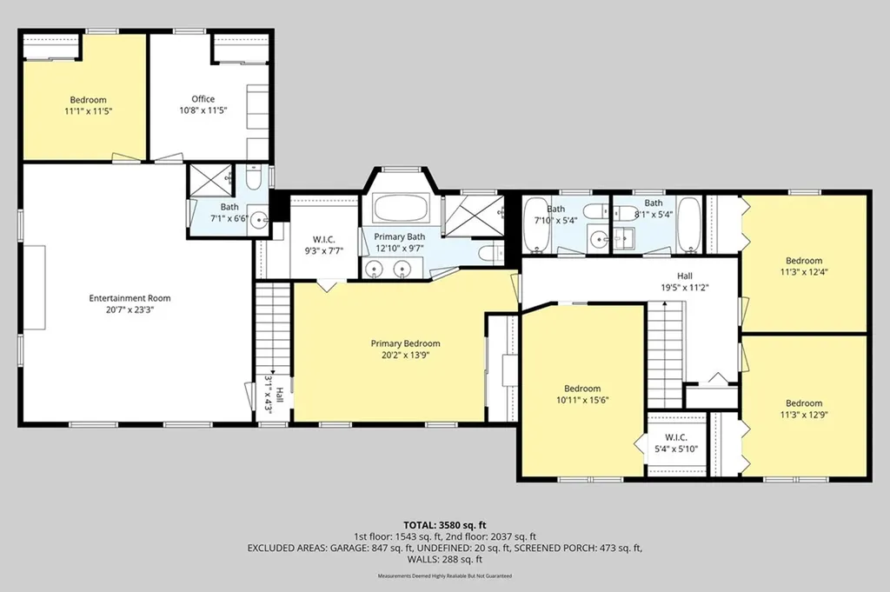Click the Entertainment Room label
click(130, 303)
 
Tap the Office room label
click(203, 99)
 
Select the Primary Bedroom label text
click(405, 343)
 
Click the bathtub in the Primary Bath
click(401, 209)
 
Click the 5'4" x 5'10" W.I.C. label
click(676, 443)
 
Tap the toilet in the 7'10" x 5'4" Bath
click(594, 212)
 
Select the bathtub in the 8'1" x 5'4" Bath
click(689, 225)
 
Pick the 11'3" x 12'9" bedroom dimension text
click(804, 415)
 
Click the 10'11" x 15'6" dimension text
click(582, 400)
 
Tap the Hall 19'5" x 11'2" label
click(685, 282)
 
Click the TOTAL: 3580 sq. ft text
click(445, 525)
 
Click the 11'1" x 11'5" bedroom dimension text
click(88, 110)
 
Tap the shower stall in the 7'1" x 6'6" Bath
click(210, 181)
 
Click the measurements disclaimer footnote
click(445, 575)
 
